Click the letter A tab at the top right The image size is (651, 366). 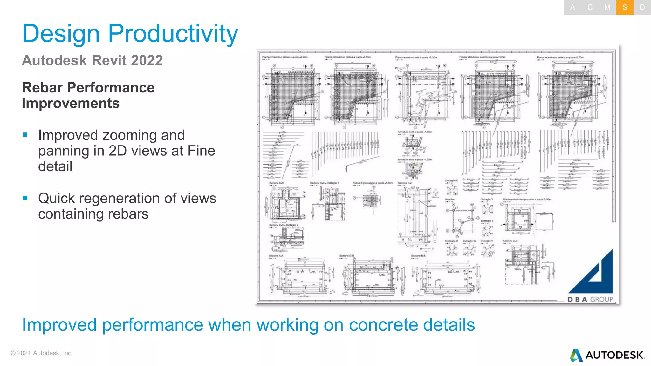click(x=572, y=7)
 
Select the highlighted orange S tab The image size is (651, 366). click(x=625, y=7)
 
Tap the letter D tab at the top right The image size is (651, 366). click(x=642, y=7)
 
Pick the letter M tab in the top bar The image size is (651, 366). click(x=607, y=7)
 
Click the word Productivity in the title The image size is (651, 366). click(x=173, y=34)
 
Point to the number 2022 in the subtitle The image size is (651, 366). click(x=147, y=60)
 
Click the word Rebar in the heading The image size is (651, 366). click(x=42, y=88)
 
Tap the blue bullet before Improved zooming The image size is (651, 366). click(x=25, y=135)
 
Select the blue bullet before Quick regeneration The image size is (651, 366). click(x=25, y=198)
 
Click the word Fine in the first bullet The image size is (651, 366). click(x=201, y=151)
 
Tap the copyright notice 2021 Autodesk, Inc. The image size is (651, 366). click(x=42, y=353)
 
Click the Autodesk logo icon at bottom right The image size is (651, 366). click(x=576, y=355)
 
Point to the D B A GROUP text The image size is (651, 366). click(x=590, y=299)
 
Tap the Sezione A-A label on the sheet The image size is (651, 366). click(x=276, y=256)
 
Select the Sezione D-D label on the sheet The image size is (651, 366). click(x=346, y=256)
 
